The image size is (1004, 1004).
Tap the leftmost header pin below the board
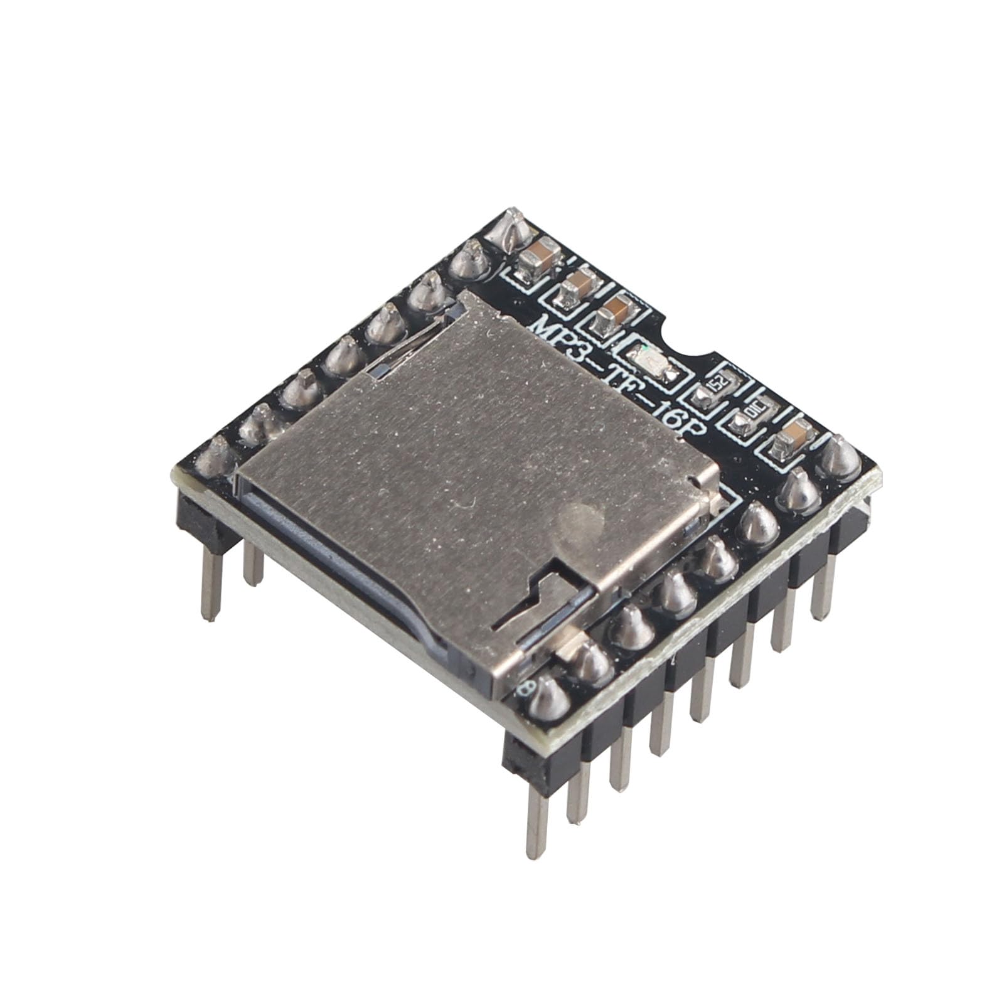(212, 584)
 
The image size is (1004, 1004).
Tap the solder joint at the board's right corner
(840, 457)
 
